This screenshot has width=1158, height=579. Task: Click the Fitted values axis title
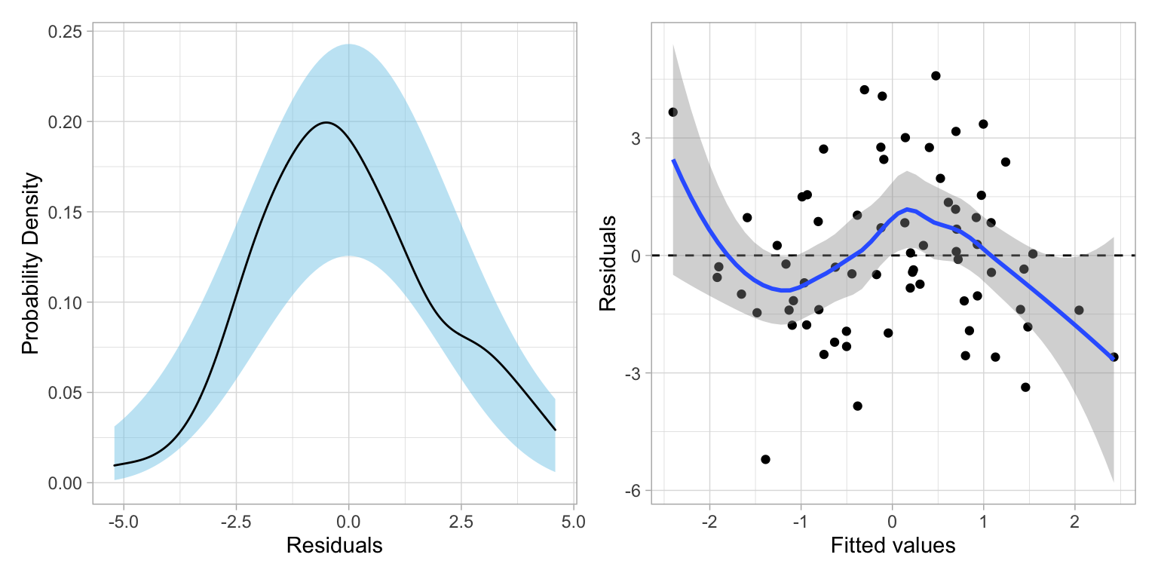coord(893,546)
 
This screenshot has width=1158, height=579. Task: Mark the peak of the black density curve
coord(326,122)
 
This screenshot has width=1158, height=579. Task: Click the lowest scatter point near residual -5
coord(765,459)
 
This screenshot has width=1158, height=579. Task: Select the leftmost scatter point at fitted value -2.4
coord(672,112)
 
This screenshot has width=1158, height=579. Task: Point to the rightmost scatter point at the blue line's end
coord(1114,357)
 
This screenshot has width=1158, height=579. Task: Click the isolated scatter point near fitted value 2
coord(1079,310)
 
